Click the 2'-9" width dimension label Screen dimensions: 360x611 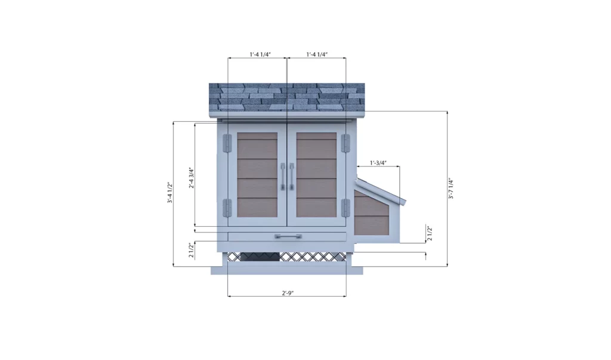pos(287,293)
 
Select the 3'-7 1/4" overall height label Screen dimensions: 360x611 pos(452,189)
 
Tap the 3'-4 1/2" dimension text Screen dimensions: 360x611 pos(169,193)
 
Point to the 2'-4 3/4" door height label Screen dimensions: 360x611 pos(192,177)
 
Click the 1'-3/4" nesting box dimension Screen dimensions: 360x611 pos(378,162)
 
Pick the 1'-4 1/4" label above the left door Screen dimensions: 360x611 pos(260,54)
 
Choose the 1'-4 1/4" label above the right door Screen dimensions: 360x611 pos(317,54)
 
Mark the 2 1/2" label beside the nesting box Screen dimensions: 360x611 pos(430,233)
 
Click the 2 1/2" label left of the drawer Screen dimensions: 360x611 pos(192,250)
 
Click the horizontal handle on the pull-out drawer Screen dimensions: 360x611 pos(287,237)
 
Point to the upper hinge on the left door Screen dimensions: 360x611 pos(227,143)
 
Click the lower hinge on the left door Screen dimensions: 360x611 pos(227,208)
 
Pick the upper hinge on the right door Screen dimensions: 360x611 pos(345,143)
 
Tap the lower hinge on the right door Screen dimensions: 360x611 pos(345,208)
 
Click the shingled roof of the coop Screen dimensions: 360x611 pos(286,97)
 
